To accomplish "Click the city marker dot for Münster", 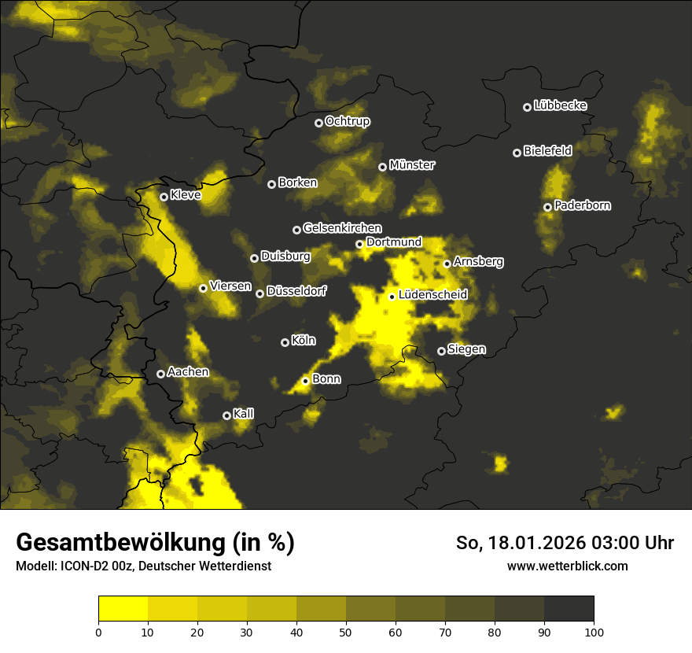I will click(383, 167).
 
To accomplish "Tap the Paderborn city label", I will click(583, 205).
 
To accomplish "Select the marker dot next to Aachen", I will click(161, 374).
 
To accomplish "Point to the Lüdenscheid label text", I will click(433, 295).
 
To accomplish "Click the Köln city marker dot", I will click(285, 342).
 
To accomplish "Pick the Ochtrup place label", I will click(348, 121).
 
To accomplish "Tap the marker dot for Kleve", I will click(164, 197).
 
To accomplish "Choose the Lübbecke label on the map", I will click(561, 105).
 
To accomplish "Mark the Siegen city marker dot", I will click(441, 351).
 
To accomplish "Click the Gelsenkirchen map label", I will click(342, 228).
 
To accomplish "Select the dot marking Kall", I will click(227, 415).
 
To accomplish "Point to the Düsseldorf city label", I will click(296, 292).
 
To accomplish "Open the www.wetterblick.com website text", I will click(568, 566).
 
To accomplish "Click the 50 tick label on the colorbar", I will click(346, 631).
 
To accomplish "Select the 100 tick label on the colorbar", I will click(594, 631).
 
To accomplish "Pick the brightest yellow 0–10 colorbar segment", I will click(123, 608).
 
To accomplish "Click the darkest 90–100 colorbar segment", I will click(569, 608).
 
